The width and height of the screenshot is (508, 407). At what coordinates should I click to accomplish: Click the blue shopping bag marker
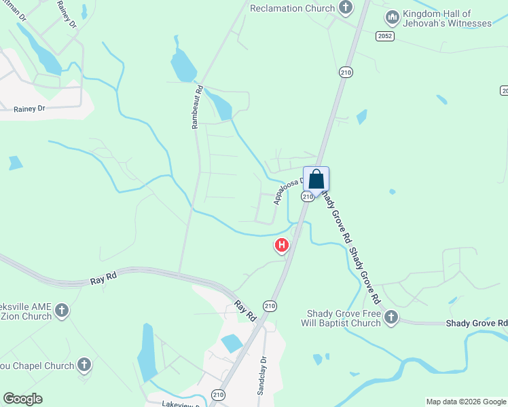316,180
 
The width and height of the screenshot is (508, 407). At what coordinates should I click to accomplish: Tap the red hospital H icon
281,245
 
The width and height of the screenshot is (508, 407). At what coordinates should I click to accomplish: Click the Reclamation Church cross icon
346,8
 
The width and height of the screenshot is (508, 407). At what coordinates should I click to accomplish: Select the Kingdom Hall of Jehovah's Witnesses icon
392,16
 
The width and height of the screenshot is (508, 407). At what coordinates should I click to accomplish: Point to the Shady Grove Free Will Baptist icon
391,317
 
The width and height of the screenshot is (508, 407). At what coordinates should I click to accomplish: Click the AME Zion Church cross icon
62,311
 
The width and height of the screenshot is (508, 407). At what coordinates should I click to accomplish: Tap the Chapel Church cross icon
84,365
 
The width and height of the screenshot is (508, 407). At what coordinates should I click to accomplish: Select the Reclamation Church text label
292,8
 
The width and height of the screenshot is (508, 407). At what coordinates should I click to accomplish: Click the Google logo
22,399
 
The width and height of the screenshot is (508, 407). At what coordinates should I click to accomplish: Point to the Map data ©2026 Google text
465,402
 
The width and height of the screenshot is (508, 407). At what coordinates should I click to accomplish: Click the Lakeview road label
180,403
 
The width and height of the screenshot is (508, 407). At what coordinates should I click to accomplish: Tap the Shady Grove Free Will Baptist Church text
343,318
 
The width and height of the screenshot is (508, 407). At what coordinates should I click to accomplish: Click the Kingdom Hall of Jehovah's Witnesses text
446,18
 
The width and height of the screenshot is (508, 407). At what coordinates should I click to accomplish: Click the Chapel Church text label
37,366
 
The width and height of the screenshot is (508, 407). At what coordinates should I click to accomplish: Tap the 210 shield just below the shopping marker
308,196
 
